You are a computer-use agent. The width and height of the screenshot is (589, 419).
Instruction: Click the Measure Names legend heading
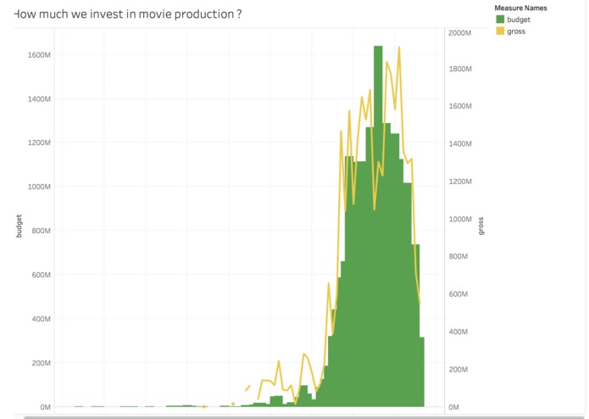520,8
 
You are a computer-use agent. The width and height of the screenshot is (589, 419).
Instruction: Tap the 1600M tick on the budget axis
39,55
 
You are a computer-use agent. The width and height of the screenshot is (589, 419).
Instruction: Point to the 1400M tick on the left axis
39,99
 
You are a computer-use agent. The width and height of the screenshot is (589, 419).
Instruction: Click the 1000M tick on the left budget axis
39,187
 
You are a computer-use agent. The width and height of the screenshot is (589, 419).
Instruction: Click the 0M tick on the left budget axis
44,407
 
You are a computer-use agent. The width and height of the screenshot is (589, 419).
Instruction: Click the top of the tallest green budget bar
378,47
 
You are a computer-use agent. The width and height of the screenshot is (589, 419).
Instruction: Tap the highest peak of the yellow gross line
398,48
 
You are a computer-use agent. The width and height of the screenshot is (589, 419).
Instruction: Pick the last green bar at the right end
421,373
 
